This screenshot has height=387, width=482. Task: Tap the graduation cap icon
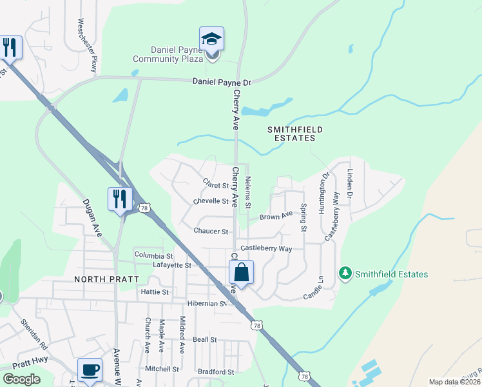click(211, 39)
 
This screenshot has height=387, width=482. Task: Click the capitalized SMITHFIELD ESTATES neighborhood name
click(295, 134)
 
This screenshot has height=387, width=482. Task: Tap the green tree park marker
click(346, 274)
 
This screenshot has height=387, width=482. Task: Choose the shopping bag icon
click(241, 273)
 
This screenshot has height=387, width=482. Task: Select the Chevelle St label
click(211, 201)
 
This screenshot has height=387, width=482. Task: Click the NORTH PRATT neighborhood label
click(103, 279)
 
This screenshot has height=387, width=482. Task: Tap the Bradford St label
click(216, 372)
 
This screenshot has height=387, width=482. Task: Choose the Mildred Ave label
click(182, 334)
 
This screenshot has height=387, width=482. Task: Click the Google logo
click(21, 379)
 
